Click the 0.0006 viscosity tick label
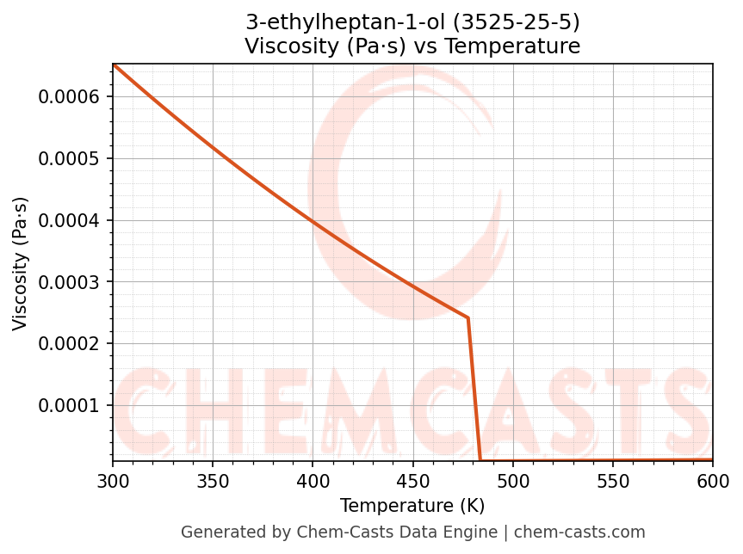(x=70, y=96)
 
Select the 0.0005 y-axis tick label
(x=70, y=158)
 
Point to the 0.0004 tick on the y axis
(x=70, y=220)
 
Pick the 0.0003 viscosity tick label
(x=70, y=282)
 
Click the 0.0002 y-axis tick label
(x=70, y=344)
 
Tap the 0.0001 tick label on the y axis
(x=70, y=405)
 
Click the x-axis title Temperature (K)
(x=412, y=506)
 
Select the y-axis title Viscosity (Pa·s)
(x=21, y=263)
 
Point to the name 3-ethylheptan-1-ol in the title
(x=346, y=22)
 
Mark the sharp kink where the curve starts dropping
(x=467, y=318)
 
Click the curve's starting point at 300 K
(x=113, y=65)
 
